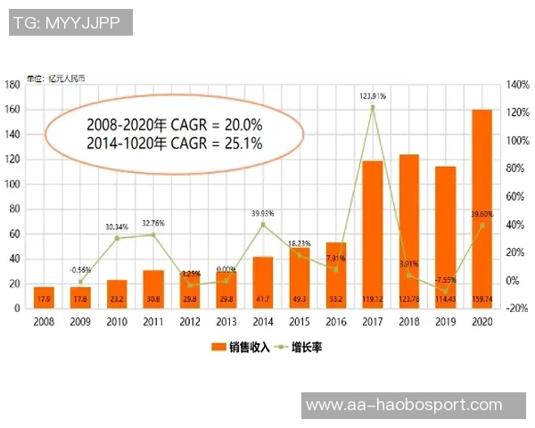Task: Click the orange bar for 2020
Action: point(481,209)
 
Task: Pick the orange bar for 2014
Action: point(262,282)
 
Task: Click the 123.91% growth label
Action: point(372,95)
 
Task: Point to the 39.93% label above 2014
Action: point(262,214)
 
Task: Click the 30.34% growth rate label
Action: point(117,226)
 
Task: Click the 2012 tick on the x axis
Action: point(189,321)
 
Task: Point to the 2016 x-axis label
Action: point(335,321)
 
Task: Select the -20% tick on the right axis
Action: point(517,309)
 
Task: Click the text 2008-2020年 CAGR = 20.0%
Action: point(174,126)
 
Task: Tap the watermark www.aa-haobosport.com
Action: point(404,406)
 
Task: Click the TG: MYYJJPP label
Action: point(70,22)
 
